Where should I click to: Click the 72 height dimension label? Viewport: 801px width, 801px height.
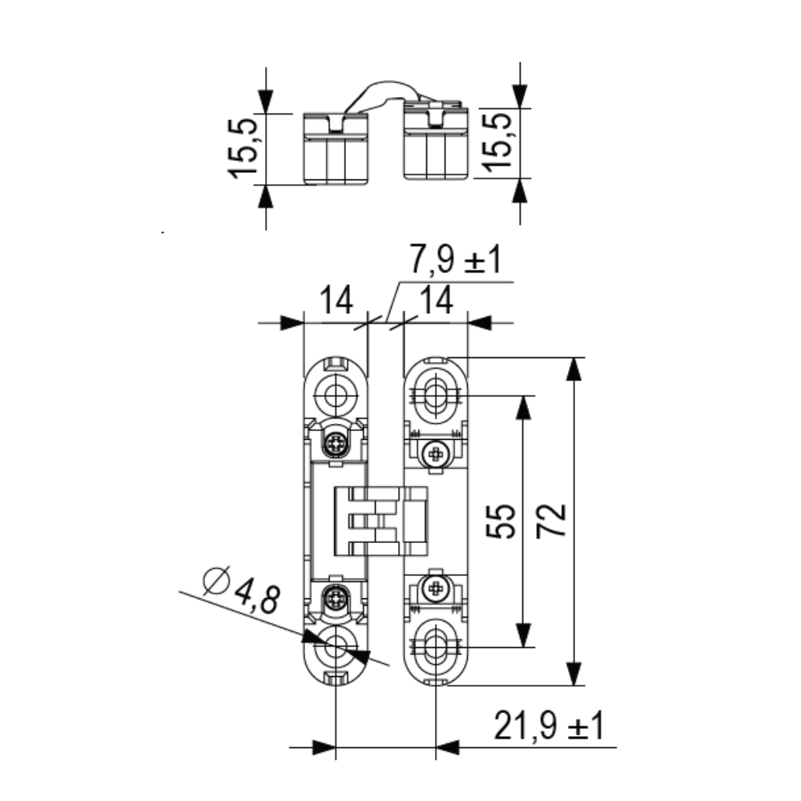tap(552, 520)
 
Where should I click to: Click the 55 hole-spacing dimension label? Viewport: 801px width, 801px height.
tap(501, 521)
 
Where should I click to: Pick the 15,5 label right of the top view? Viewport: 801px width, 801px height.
tap(497, 143)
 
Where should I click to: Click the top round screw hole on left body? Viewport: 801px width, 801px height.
tap(335, 394)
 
